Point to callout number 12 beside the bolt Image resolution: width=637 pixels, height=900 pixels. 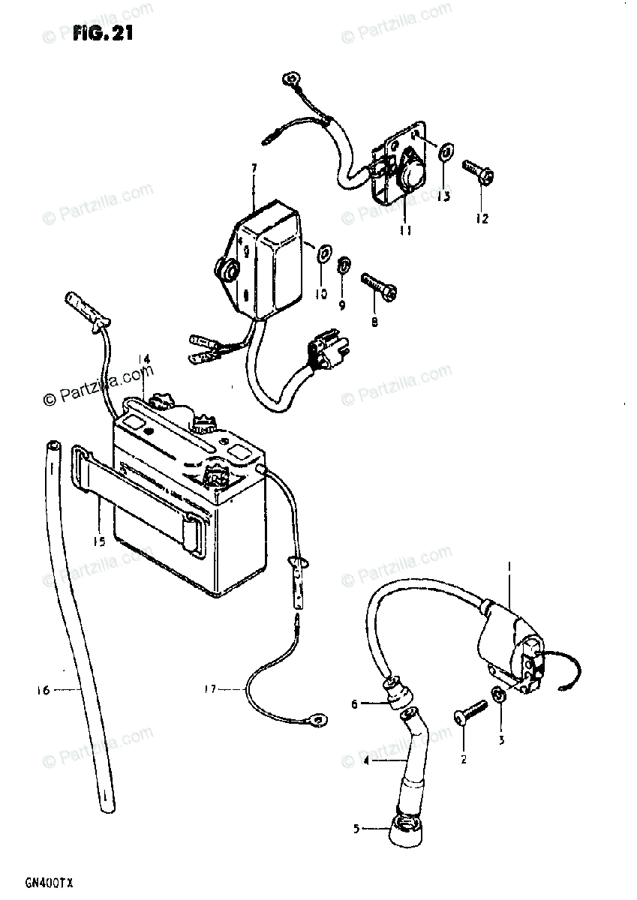[481, 218]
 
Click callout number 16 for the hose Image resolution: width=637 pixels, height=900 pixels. [42, 690]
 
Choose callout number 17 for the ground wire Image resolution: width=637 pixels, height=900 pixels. [212, 688]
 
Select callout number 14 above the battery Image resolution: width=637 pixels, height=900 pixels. [145, 359]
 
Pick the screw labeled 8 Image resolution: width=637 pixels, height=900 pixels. [376, 286]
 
